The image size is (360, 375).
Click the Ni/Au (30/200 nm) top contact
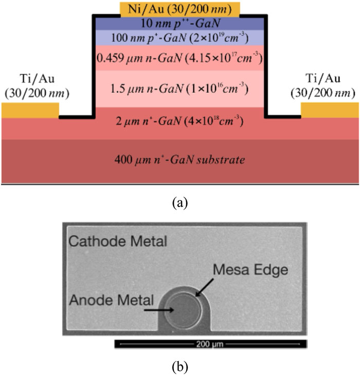[x=179, y=9]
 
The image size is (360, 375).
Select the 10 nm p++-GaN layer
[x=179, y=23]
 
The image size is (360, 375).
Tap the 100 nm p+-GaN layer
[x=179, y=37]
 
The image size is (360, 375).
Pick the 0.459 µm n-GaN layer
[x=179, y=58]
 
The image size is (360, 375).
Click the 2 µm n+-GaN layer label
[x=179, y=122]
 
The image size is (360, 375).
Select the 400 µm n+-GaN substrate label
[x=179, y=160]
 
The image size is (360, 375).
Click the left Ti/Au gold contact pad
[x=30, y=110]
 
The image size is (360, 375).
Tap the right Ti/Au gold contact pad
[x=329, y=110]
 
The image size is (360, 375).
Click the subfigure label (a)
[x=179, y=202]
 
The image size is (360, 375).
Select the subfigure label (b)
[x=179, y=367]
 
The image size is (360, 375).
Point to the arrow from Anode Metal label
[x=158, y=310]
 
